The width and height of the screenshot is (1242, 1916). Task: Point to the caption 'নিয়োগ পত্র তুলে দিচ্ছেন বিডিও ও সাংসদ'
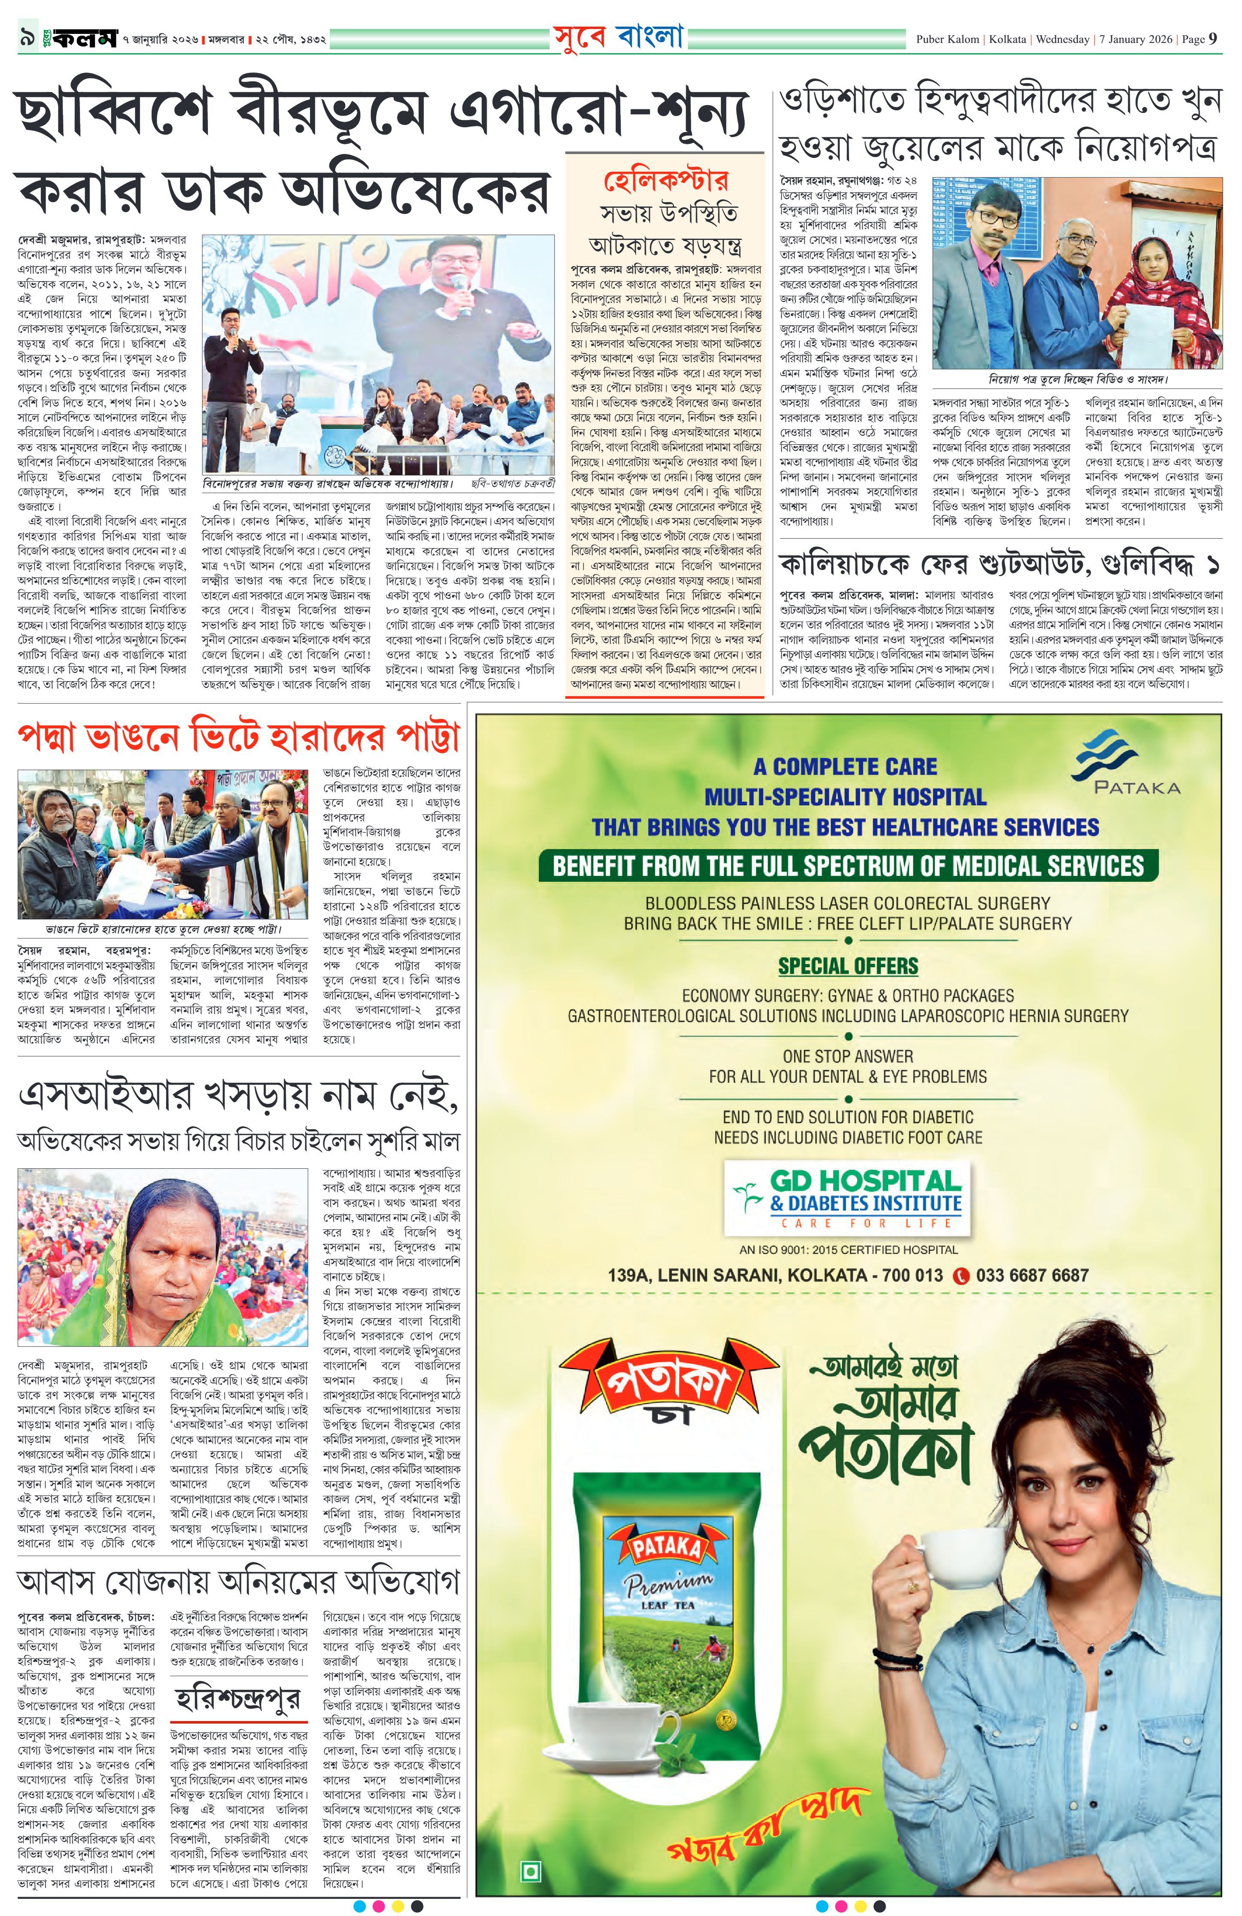coord(1077,379)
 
